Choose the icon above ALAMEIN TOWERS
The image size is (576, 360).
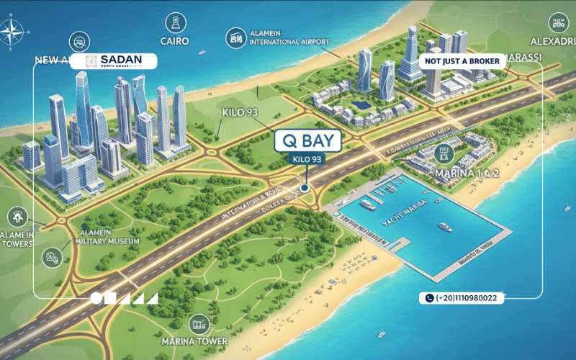pyautogui.click(x=16, y=215)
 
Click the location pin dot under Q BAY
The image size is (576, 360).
pyautogui.click(x=305, y=188)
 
